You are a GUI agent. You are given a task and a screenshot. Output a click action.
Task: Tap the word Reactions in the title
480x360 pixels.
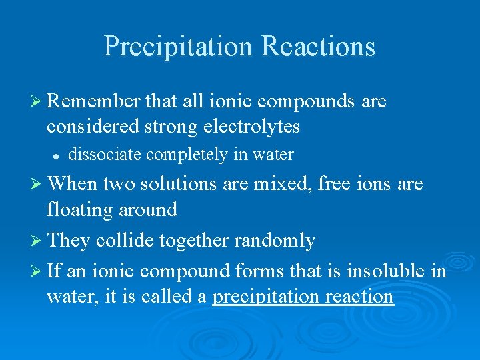[319, 47]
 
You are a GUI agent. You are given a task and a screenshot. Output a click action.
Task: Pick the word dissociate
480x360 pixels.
[105, 155]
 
